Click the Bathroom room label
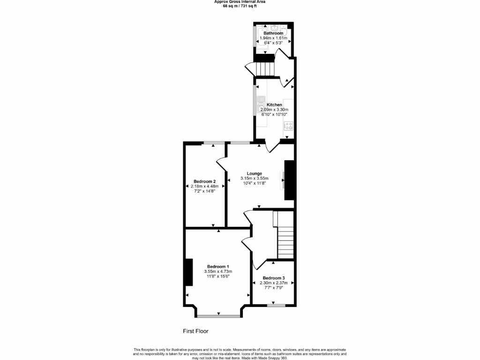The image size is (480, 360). point(273,33)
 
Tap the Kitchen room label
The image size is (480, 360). point(274,105)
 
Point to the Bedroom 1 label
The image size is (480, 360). point(218,266)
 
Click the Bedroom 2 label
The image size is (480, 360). point(204,181)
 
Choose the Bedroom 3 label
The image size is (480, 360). point(273,278)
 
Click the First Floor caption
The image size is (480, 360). point(195,331)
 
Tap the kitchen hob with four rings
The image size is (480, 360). point(288,126)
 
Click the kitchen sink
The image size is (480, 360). point(260,105)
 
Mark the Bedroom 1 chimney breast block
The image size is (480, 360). point(189,272)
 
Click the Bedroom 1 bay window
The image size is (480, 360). point(218,315)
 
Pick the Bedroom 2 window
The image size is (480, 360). point(213,142)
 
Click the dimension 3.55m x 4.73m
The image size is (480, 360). point(218,271)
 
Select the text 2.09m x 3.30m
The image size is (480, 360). point(274,110)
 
